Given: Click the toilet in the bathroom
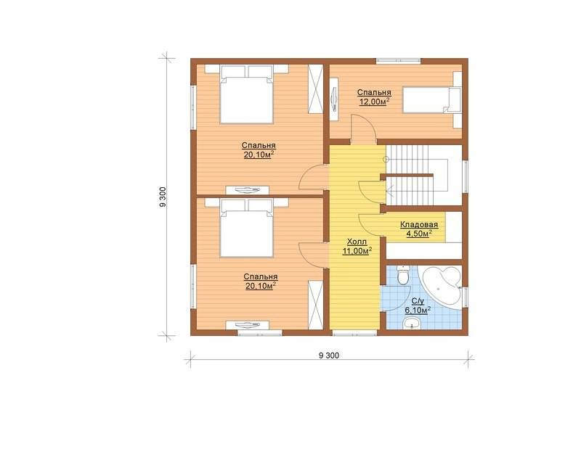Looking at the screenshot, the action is (x=403, y=275).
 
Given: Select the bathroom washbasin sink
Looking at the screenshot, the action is (x=411, y=324).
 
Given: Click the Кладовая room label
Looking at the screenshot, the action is (x=419, y=225).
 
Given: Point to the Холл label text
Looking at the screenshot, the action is (x=357, y=242).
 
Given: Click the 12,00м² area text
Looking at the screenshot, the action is (x=374, y=102).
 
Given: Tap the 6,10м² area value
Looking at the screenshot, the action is (x=418, y=310).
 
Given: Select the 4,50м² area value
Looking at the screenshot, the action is (x=419, y=234).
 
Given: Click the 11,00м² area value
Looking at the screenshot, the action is (x=357, y=251).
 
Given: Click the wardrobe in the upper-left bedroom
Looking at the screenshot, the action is (x=315, y=89).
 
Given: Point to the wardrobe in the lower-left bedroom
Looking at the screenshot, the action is (x=315, y=305).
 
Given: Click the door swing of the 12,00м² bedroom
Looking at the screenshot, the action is (x=364, y=128).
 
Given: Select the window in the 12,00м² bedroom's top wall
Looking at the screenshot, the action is (x=399, y=61).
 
